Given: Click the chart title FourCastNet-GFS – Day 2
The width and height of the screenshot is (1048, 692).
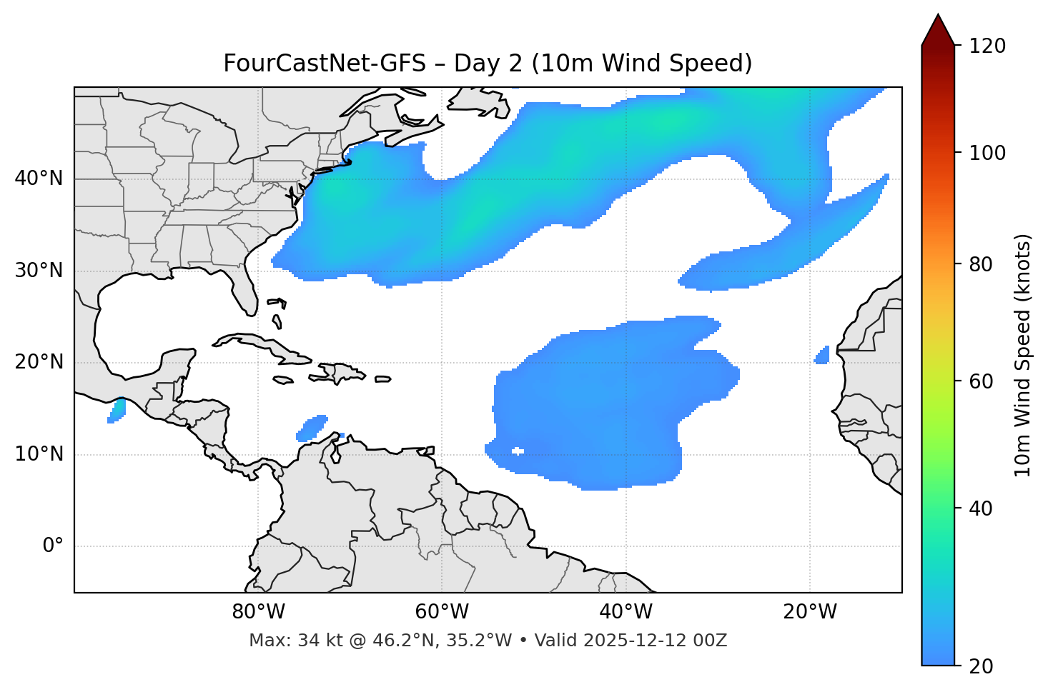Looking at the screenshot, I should (488, 64).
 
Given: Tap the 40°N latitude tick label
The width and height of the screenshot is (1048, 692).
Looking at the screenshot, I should (39, 179).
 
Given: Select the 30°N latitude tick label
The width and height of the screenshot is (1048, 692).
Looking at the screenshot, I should (39, 271).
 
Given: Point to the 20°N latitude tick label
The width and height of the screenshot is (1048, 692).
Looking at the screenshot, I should (39, 362).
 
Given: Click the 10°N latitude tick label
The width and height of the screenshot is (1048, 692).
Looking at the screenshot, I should (39, 454).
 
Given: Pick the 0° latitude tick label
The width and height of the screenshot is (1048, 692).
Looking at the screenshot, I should (53, 546).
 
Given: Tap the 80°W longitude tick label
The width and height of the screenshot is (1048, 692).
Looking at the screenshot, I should (258, 612).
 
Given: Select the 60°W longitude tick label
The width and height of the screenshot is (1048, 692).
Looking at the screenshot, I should (442, 612).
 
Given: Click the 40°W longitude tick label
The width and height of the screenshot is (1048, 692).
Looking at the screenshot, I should (626, 612).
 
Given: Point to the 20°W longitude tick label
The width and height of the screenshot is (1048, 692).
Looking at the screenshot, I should (809, 612).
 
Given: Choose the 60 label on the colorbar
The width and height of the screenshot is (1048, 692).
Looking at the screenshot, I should (984, 381).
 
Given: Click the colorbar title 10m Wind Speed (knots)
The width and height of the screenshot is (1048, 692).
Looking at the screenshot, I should (1023, 355).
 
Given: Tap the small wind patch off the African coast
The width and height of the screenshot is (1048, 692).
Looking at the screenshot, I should (823, 355).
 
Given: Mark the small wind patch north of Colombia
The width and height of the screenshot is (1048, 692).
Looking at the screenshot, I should (311, 427).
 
